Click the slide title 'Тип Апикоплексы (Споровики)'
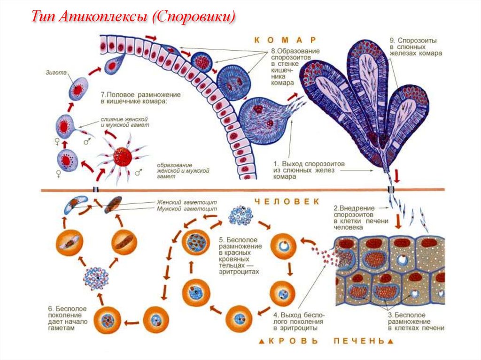[x=133, y=17]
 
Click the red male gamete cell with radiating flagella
[x=123, y=156]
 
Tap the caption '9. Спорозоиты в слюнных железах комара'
[x=416, y=46]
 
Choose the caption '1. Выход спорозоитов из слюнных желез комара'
[x=310, y=170]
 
